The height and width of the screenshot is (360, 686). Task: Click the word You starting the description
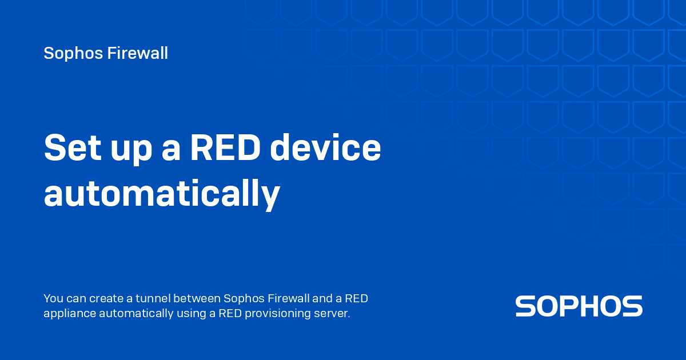(53, 298)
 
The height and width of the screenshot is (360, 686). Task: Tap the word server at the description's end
(333, 313)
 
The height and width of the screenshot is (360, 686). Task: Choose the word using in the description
(190, 314)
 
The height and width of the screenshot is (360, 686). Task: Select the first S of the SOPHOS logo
(526, 306)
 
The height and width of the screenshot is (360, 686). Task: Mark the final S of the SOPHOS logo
(632, 306)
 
